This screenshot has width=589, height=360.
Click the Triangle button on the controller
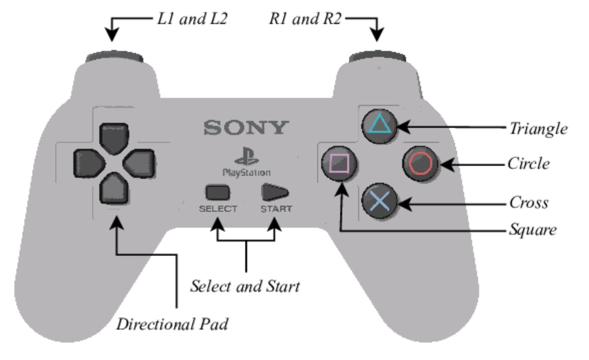(x=379, y=126)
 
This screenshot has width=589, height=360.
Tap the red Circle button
(x=420, y=164)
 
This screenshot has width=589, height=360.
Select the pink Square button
(x=339, y=164)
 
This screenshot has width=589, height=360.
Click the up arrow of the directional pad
(x=114, y=138)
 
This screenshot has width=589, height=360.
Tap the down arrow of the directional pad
(x=114, y=188)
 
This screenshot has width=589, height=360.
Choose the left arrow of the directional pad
(x=89, y=163)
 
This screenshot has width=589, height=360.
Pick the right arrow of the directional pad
(x=139, y=163)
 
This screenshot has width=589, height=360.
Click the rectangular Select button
(x=217, y=192)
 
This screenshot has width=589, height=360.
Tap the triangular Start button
(x=274, y=192)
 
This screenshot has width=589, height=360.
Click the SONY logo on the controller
(x=246, y=128)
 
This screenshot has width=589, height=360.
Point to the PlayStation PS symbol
(x=246, y=156)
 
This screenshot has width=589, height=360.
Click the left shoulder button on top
(x=114, y=56)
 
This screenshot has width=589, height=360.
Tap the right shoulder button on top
(x=377, y=56)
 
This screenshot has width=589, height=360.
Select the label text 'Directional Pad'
(x=172, y=324)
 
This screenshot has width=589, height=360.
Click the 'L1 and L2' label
(x=192, y=19)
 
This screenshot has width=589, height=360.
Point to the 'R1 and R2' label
(x=305, y=19)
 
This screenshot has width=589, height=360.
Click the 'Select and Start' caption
(x=245, y=286)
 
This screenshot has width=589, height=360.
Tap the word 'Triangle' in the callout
(x=538, y=129)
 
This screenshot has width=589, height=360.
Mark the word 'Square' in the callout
(x=533, y=230)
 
